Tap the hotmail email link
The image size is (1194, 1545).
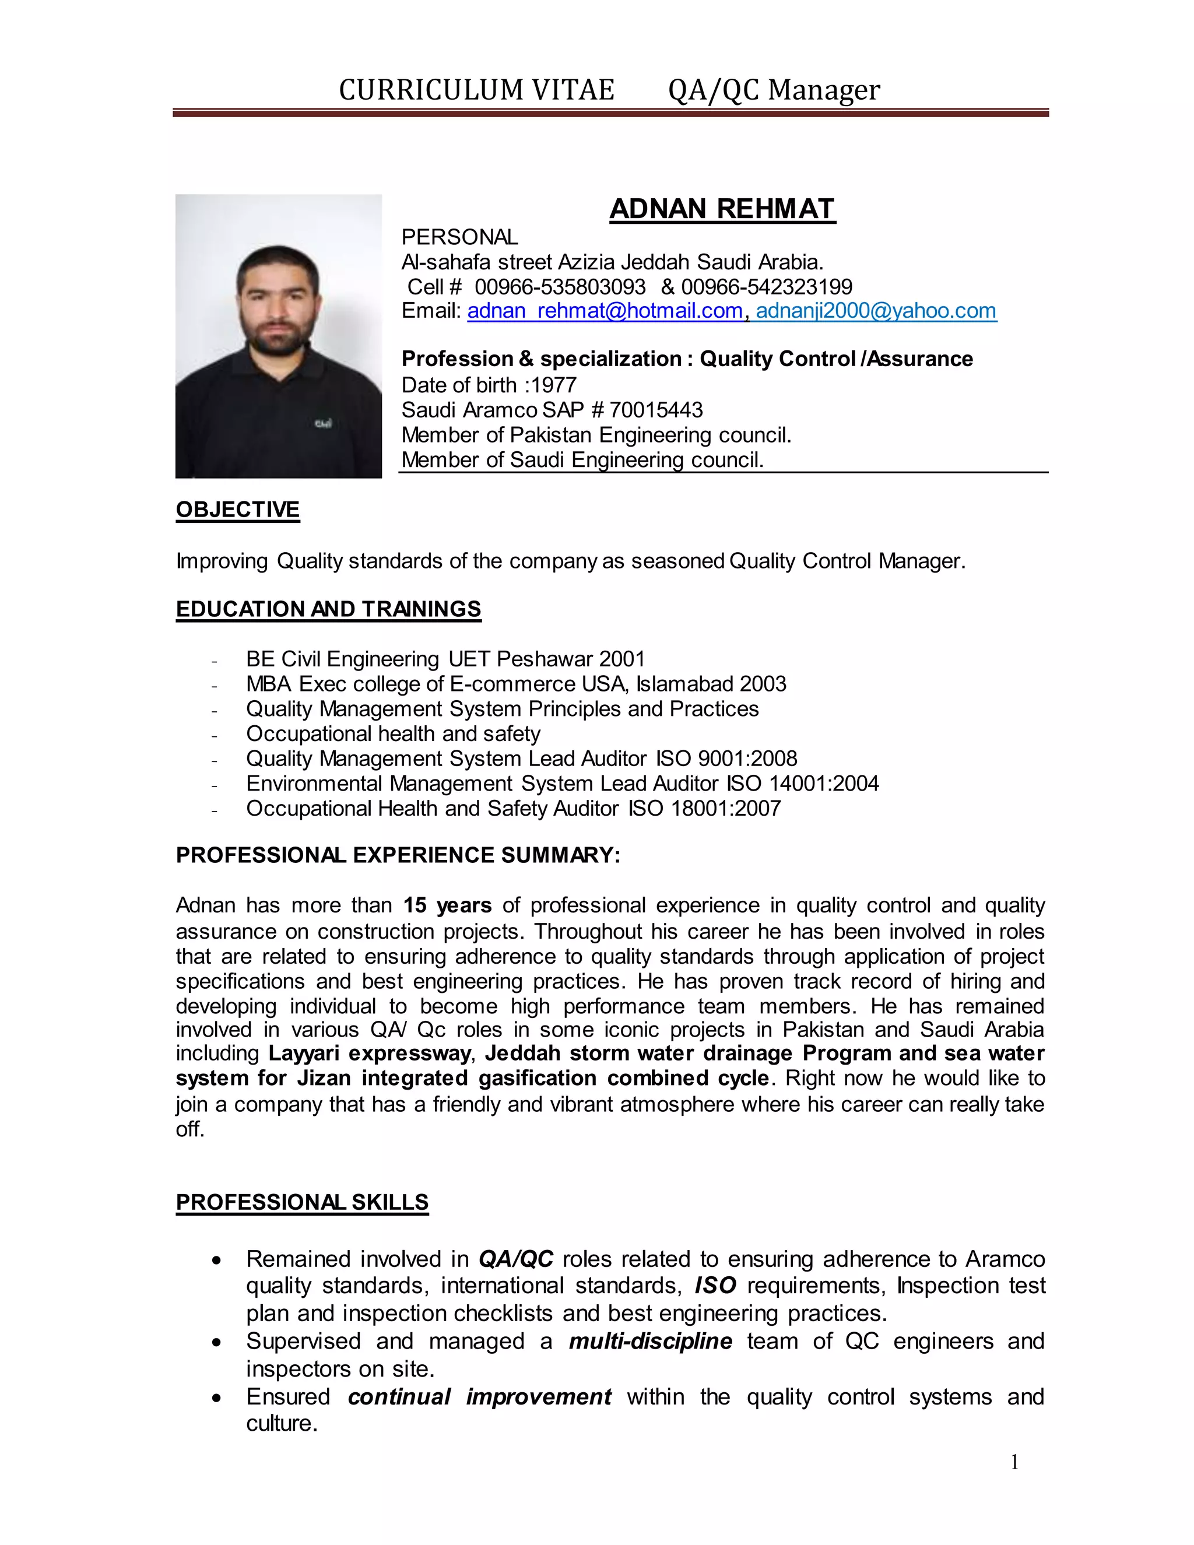pyautogui.click(x=605, y=311)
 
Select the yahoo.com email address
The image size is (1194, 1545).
pyautogui.click(x=876, y=311)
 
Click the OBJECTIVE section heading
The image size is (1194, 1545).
pyautogui.click(x=238, y=510)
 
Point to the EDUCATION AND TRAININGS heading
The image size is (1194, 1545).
pyautogui.click(x=328, y=609)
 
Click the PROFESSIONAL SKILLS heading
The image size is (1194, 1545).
pyautogui.click(x=302, y=1202)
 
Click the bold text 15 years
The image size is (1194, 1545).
pyautogui.click(x=447, y=905)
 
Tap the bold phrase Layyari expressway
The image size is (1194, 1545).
pyautogui.click(x=369, y=1054)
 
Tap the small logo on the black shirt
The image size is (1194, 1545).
pyautogui.click(x=323, y=424)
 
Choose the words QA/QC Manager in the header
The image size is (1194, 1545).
pyautogui.click(x=774, y=90)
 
